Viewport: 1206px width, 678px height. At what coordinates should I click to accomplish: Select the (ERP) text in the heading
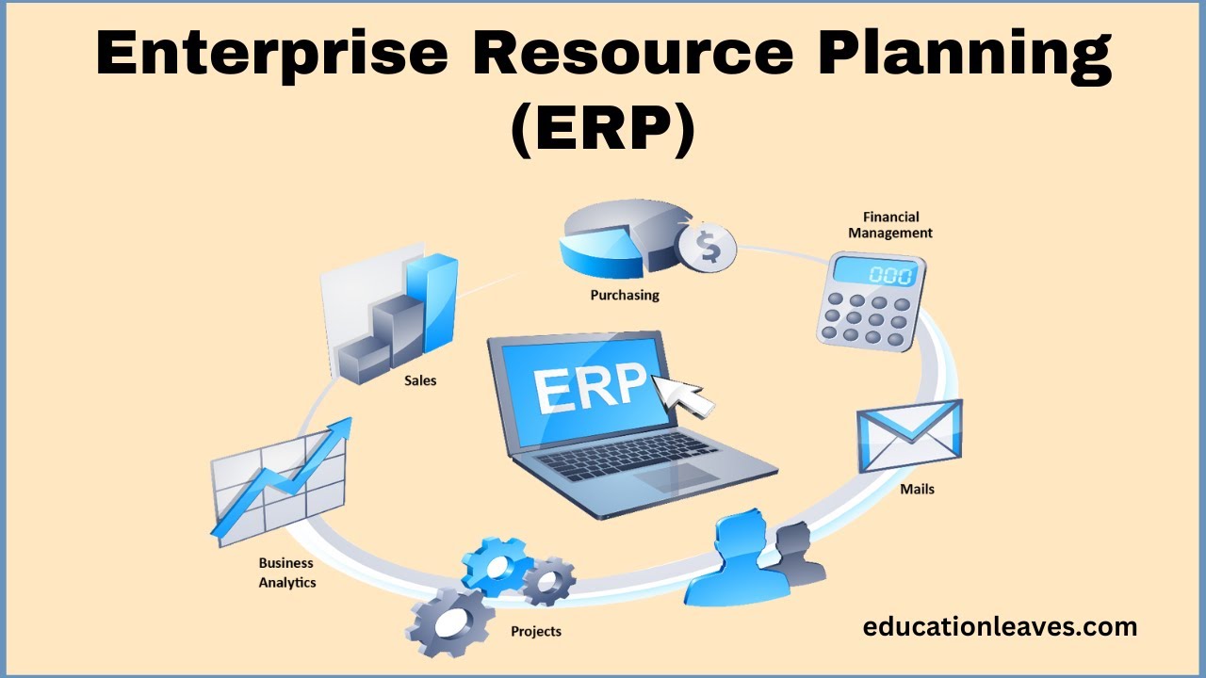(x=603, y=129)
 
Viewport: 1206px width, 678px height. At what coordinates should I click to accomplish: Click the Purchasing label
(x=625, y=295)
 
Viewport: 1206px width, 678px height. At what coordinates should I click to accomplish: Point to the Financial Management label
(x=890, y=225)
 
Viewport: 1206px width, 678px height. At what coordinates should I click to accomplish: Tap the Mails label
(x=917, y=489)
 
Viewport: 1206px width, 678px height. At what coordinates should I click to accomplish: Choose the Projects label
(x=535, y=631)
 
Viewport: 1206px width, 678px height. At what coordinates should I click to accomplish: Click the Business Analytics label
(x=287, y=573)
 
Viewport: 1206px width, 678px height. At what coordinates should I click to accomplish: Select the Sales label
(x=420, y=381)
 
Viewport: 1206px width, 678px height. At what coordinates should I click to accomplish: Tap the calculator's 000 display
(x=876, y=275)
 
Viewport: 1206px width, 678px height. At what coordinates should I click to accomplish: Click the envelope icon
(x=909, y=436)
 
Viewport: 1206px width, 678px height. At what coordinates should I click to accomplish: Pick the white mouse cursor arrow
(x=682, y=394)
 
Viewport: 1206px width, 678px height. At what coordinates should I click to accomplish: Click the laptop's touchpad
(x=670, y=476)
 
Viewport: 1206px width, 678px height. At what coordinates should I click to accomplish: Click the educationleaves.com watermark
(x=1000, y=626)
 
